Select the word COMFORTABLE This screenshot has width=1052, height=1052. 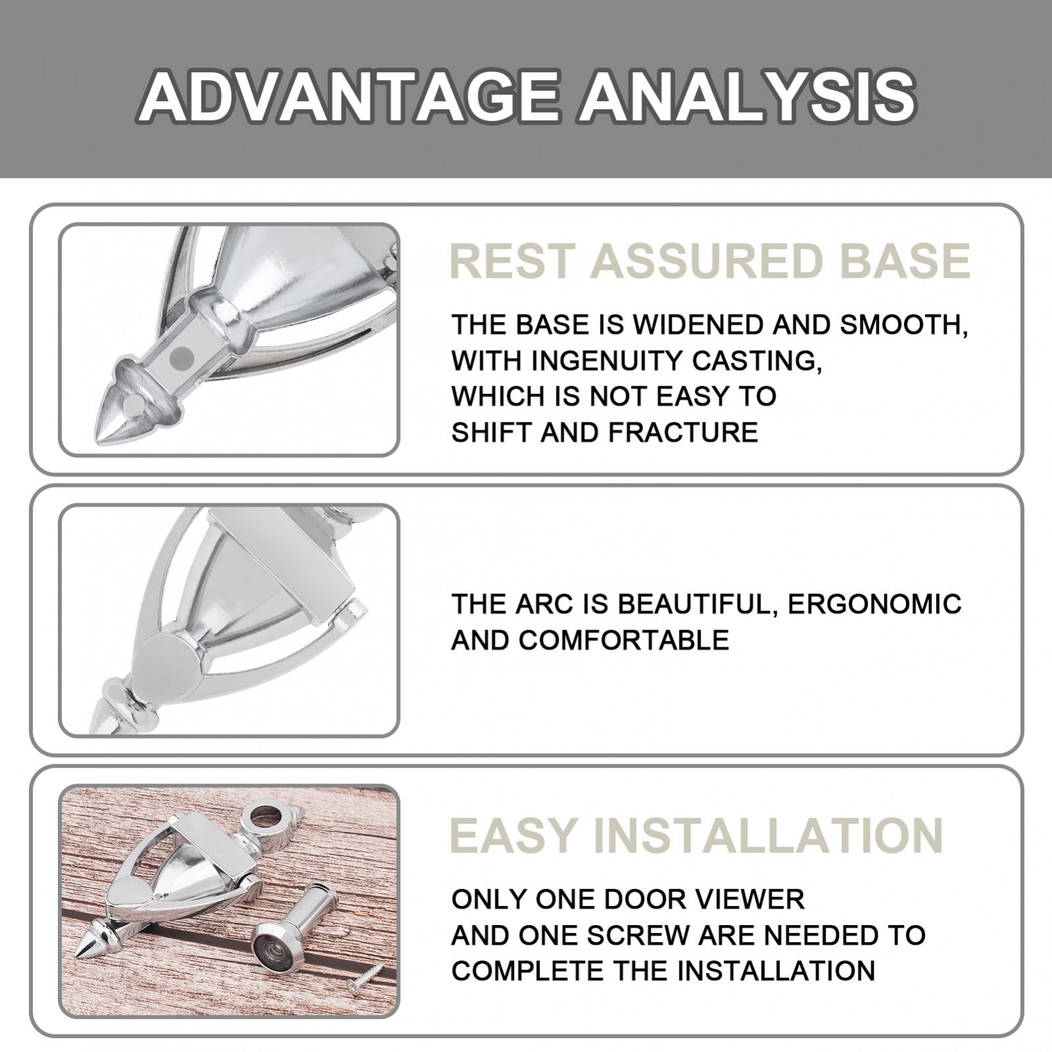click(x=623, y=640)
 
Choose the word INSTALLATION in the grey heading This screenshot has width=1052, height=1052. click(x=768, y=836)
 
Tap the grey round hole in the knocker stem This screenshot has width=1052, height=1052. click(x=181, y=357)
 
